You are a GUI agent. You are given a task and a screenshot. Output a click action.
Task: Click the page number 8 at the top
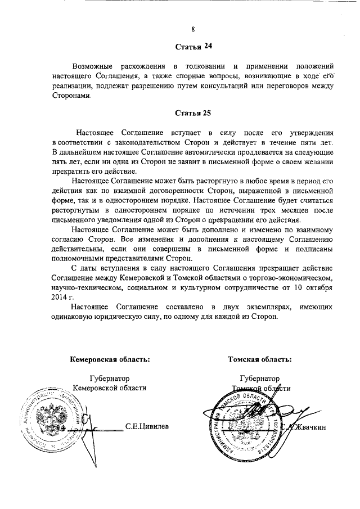point(192,29)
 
